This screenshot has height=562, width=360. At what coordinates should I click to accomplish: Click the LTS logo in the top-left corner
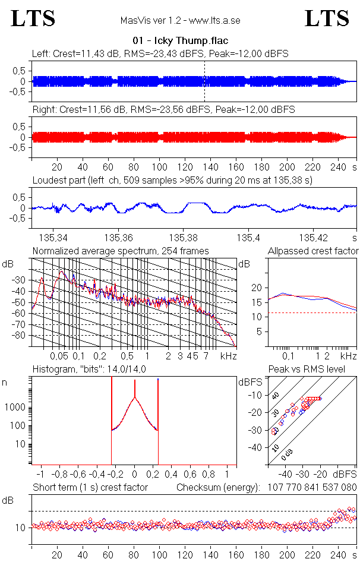33,18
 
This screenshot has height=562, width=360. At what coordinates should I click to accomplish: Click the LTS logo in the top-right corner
327,18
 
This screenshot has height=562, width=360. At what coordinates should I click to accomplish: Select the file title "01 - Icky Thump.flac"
180,40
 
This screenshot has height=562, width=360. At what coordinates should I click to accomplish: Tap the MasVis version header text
180,20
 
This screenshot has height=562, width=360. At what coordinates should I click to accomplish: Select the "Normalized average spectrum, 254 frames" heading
121,251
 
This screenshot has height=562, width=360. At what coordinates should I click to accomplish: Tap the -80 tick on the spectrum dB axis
21,336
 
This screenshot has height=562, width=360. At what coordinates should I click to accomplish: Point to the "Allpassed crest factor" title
313,251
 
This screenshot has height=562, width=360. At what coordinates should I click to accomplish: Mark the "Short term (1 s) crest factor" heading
90,487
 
